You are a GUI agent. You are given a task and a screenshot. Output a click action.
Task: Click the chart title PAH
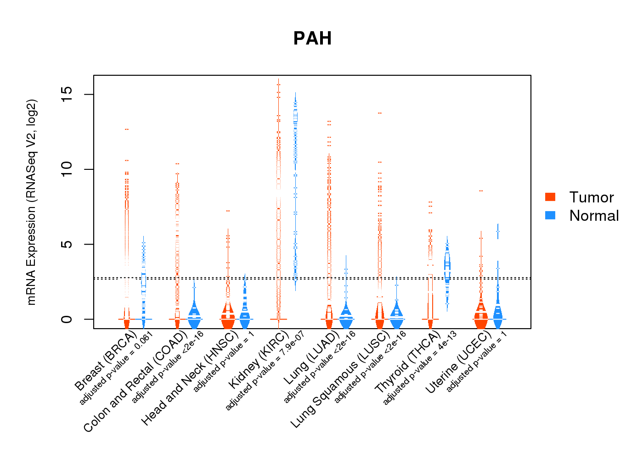tap(312, 39)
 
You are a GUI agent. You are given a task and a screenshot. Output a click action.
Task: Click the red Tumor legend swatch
tap(550, 197)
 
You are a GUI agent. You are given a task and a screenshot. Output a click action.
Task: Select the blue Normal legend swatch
tap(550, 215)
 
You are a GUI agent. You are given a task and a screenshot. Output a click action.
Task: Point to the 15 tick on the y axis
tap(67, 95)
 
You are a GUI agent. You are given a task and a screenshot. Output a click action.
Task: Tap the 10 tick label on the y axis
tap(67, 169)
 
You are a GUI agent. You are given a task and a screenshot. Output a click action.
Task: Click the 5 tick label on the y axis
tap(67, 244)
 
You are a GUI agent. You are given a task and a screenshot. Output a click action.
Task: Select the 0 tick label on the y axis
tap(67, 319)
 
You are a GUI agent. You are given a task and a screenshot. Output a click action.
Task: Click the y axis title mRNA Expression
tap(31, 202)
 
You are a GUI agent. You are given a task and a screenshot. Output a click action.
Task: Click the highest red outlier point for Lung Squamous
tap(380, 113)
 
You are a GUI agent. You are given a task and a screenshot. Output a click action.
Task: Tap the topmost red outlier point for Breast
tap(127, 129)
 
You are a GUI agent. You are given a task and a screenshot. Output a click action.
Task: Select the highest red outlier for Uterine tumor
tap(481, 190)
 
